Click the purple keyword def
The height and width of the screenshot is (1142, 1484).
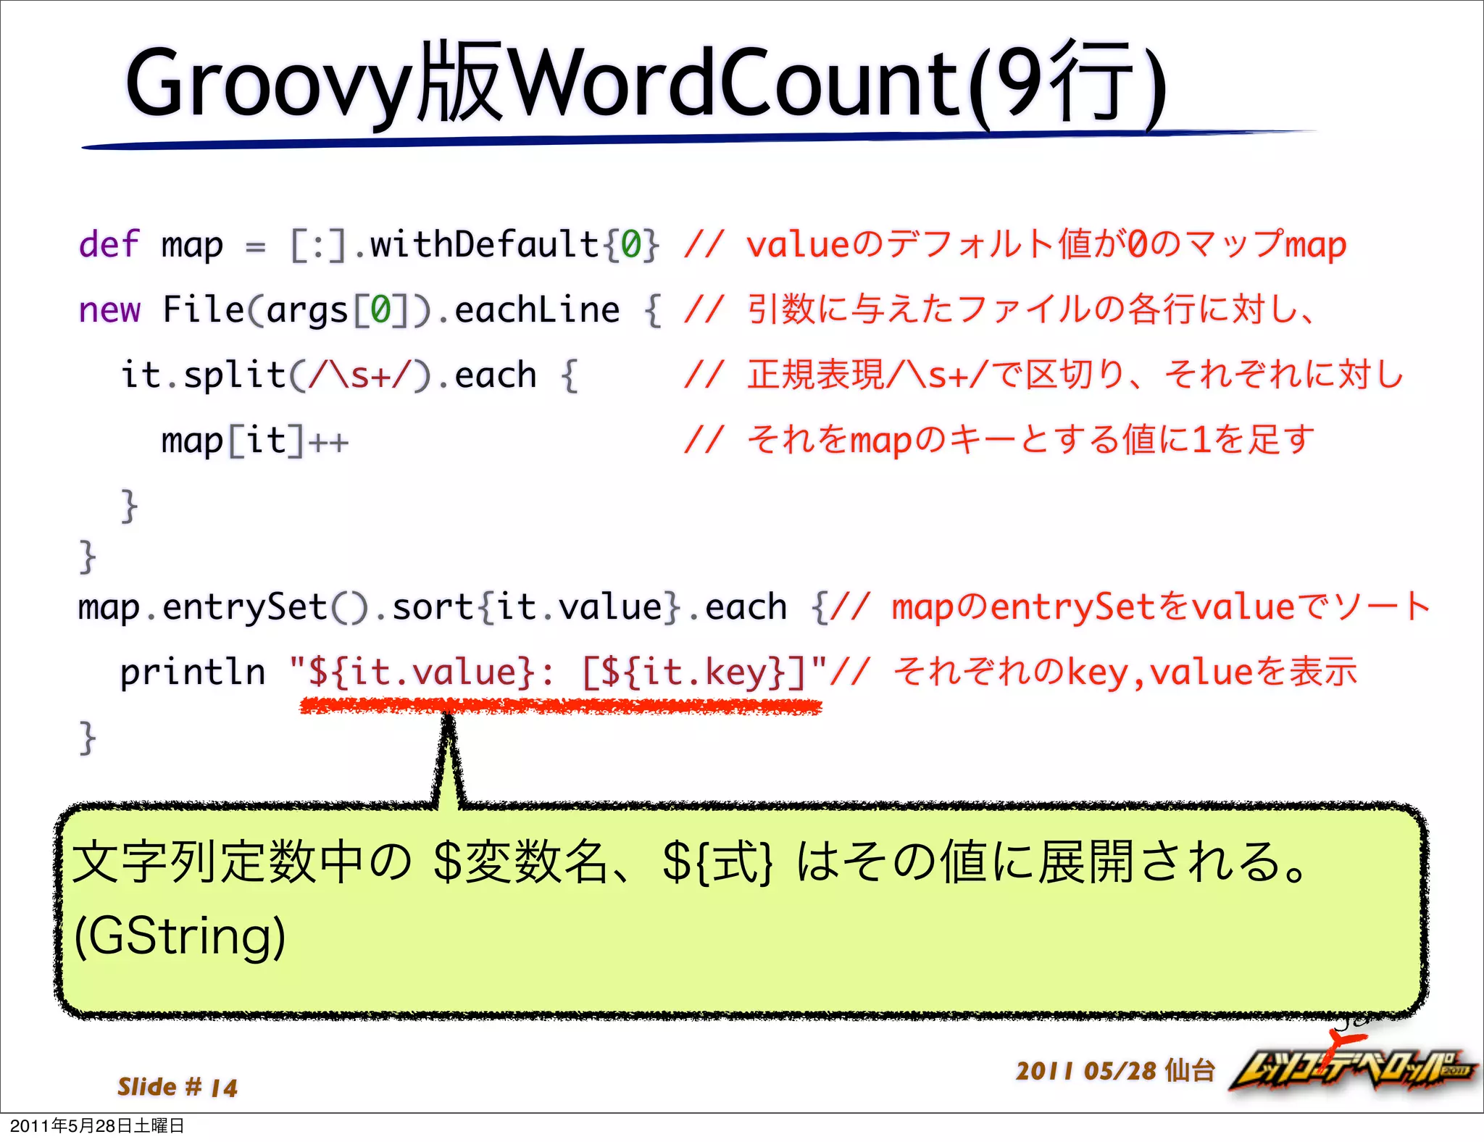[109, 244]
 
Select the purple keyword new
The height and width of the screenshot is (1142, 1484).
[109, 310]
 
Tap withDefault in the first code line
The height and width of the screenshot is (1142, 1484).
[484, 244]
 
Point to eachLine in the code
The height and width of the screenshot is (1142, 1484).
[537, 310]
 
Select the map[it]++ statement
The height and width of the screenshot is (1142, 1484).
[254, 441]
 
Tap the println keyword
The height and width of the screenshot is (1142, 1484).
[192, 672]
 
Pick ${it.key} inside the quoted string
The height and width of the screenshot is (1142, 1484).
[693, 672]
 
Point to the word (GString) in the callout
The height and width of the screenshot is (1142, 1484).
[180, 936]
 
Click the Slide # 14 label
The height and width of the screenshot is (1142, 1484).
[178, 1087]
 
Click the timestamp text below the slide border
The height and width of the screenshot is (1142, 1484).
[97, 1126]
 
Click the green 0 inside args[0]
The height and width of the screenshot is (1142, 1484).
[380, 310]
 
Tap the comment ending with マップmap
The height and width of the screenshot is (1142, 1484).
[1014, 244]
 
